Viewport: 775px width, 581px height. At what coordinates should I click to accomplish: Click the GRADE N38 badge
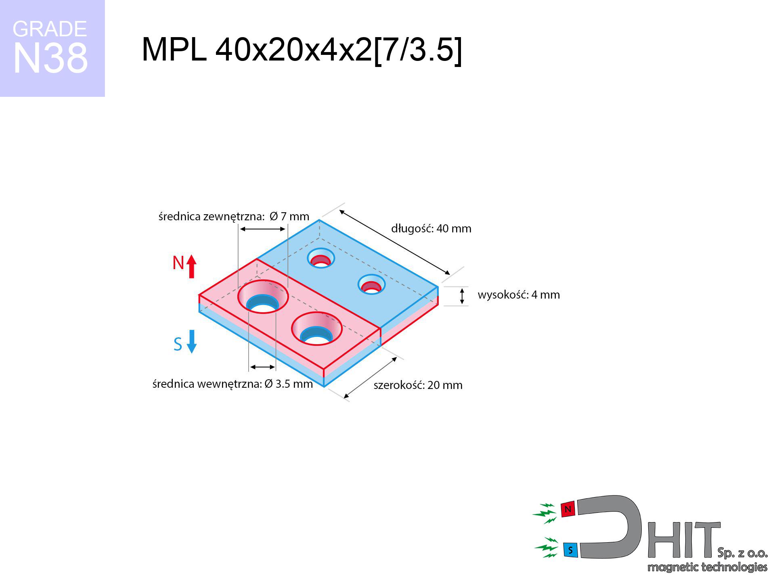[x=52, y=48]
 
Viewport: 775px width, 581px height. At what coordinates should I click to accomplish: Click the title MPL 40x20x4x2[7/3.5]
[x=302, y=50]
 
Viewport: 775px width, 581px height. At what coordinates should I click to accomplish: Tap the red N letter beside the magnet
[x=178, y=263]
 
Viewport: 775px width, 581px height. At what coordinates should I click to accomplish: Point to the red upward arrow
[x=192, y=266]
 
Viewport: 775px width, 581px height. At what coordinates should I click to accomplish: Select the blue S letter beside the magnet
[x=178, y=344]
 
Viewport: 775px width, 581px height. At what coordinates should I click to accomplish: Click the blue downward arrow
[x=192, y=342]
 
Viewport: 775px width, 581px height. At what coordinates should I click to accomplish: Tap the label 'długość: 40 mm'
[x=431, y=229]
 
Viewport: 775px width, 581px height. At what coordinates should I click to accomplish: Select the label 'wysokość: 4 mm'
[x=519, y=295]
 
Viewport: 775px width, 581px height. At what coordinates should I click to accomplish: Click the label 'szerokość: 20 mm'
[x=418, y=385]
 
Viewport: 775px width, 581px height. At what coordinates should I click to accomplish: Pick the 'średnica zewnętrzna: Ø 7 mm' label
[x=234, y=217]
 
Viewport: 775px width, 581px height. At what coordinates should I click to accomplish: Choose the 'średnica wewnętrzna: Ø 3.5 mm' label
[x=232, y=384]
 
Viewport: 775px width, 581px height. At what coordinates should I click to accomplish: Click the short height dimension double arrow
[x=462, y=296]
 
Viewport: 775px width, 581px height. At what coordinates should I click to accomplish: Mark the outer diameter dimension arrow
[x=263, y=229]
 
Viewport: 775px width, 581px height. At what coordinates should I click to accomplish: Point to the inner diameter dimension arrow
[x=262, y=367]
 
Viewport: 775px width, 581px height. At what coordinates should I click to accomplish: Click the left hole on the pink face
[x=263, y=297]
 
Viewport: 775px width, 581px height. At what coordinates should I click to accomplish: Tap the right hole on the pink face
[x=317, y=329]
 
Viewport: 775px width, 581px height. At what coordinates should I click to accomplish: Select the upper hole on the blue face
[x=321, y=258]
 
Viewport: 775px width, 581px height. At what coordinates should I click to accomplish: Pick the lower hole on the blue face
[x=372, y=284]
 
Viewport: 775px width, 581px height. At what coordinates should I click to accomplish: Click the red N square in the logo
[x=568, y=510]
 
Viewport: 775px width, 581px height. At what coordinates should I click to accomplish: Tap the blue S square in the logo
[x=570, y=550]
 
